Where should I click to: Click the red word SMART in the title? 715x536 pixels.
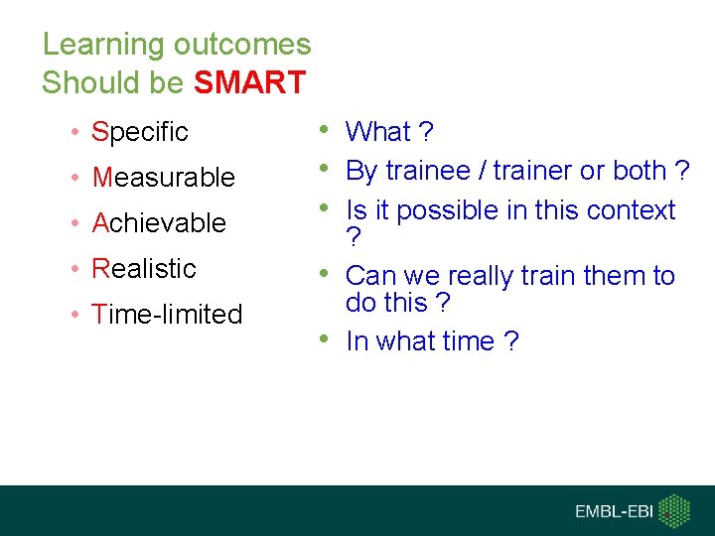(249, 82)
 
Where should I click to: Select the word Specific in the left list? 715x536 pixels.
(139, 131)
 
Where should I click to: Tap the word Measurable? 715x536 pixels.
(163, 177)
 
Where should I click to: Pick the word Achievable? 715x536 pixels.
(159, 222)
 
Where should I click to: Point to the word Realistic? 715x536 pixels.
(144, 268)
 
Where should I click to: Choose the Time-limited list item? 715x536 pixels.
(167, 314)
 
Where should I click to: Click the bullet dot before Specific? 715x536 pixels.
(74, 132)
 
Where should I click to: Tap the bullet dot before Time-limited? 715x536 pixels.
(74, 315)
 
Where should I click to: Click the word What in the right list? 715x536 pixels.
(377, 131)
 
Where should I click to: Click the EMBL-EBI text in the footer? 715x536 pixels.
(615, 511)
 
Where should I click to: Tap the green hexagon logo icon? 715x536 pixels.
(675, 510)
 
